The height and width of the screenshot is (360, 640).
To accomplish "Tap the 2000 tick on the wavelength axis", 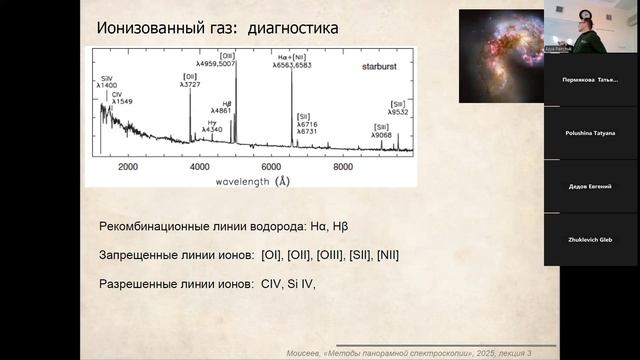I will pyautogui.click(x=129, y=166).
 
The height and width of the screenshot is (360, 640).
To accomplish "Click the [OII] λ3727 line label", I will pyautogui.click(x=190, y=82).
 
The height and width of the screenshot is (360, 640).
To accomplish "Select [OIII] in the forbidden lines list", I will pyautogui.click(x=322, y=255).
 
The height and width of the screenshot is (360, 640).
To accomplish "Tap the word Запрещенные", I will pyautogui.click(x=140, y=255).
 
